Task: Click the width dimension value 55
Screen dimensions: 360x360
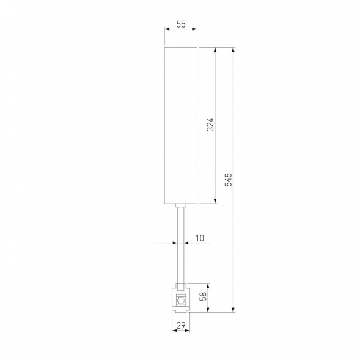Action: click(181, 24)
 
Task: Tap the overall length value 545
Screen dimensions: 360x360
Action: click(229, 180)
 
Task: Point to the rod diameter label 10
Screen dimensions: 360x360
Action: click(199, 238)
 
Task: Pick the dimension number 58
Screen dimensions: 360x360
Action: click(204, 297)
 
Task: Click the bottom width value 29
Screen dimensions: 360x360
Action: click(181, 326)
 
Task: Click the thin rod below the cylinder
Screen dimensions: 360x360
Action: click(181, 244)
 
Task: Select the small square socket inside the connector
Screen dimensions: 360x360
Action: click(181, 301)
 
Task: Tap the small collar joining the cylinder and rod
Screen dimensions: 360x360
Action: click(181, 206)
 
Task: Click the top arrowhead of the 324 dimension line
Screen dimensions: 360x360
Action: click(215, 50)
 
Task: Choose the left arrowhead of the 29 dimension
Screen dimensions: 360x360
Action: click(174, 332)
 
